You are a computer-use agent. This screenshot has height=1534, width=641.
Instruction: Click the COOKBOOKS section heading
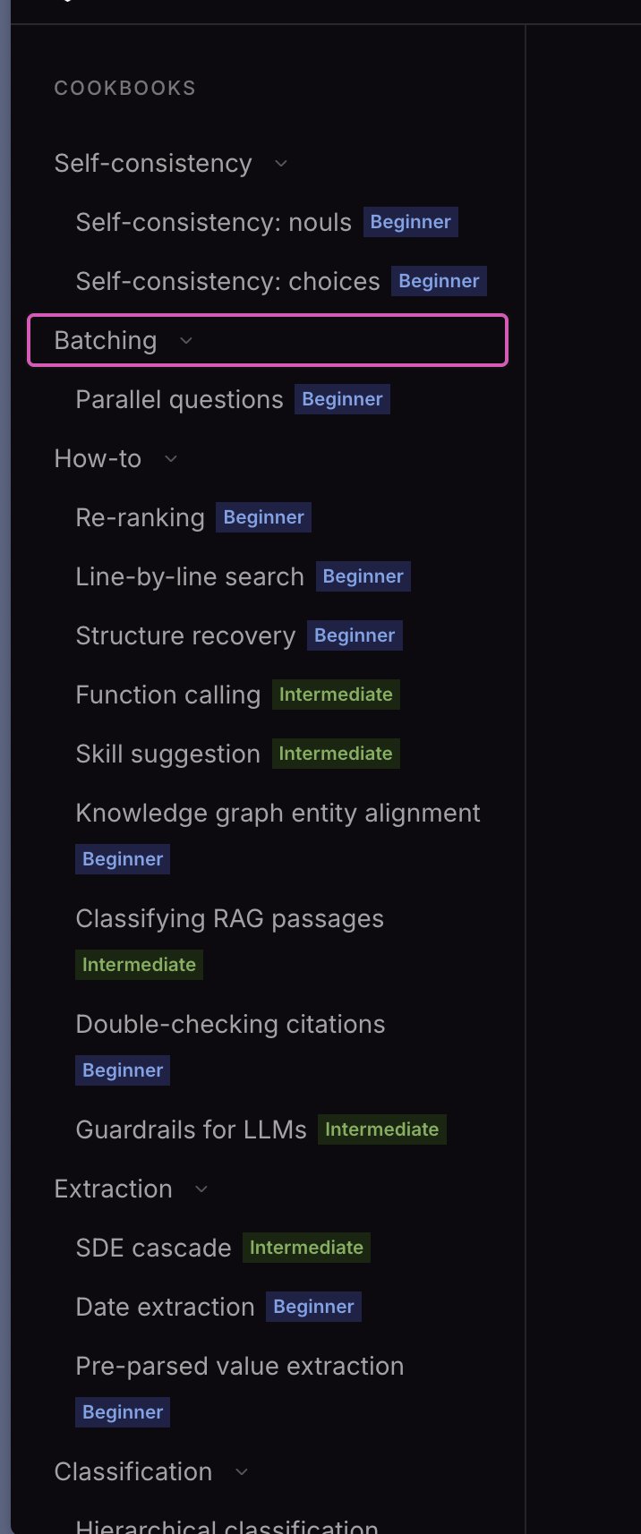(x=124, y=88)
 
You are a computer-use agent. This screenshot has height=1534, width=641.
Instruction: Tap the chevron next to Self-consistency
(x=281, y=164)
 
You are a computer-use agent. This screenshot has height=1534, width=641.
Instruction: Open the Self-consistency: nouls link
(x=213, y=222)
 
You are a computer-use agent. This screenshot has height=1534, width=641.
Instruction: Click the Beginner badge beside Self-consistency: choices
(x=439, y=281)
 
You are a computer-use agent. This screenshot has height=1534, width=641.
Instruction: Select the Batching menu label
(x=106, y=340)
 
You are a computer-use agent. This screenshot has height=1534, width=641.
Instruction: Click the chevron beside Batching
(x=185, y=340)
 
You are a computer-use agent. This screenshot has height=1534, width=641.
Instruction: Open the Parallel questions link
(x=179, y=399)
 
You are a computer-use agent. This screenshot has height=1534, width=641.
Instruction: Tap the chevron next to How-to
(x=170, y=459)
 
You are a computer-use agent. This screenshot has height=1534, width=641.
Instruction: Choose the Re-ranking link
(x=140, y=517)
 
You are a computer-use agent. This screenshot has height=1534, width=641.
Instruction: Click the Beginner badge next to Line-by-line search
(x=363, y=576)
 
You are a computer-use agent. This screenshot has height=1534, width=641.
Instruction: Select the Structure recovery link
(x=185, y=635)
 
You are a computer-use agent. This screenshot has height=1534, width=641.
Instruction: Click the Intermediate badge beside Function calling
(x=336, y=695)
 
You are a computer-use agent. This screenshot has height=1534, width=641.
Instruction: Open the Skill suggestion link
(x=167, y=754)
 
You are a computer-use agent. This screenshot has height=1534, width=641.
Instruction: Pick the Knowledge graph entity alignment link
(x=278, y=813)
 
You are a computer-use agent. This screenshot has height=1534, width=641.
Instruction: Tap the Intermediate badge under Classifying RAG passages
(x=139, y=964)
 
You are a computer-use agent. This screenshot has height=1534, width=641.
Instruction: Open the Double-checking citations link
(x=230, y=1024)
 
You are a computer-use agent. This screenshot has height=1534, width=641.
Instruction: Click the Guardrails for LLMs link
(x=191, y=1129)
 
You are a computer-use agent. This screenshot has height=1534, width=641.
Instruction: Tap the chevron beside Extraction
(x=201, y=1189)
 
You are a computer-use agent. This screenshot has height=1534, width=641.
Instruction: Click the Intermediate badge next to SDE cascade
(x=306, y=1247)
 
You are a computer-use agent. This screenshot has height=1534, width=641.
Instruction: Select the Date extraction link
(x=165, y=1307)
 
